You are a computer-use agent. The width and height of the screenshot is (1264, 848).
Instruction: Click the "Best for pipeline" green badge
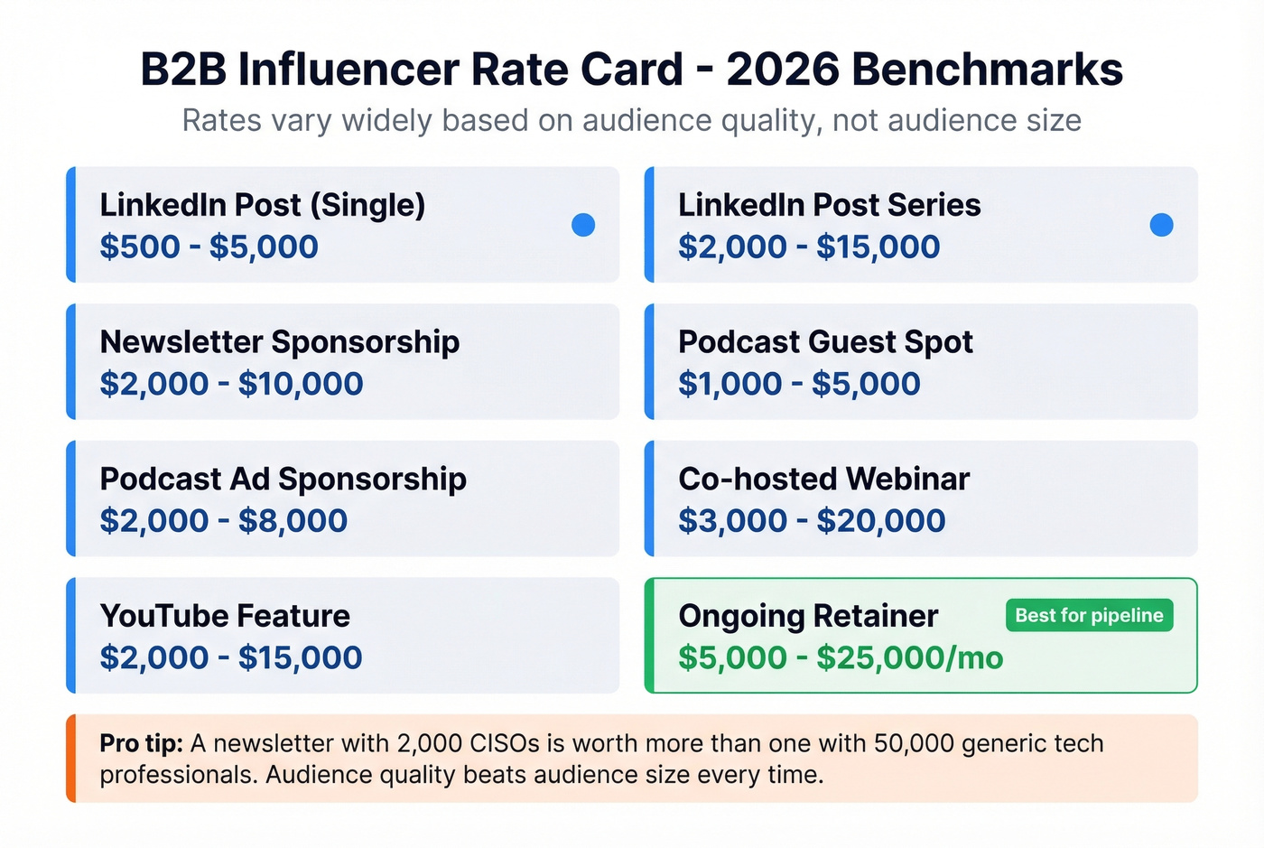(x=1089, y=615)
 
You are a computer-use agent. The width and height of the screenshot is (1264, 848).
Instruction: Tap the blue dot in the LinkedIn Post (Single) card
(x=583, y=225)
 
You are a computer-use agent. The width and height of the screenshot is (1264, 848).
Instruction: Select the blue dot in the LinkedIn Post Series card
(x=1161, y=225)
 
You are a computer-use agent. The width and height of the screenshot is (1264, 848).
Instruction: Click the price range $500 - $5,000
(x=209, y=247)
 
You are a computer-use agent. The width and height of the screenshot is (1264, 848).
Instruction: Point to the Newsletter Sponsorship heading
(x=279, y=341)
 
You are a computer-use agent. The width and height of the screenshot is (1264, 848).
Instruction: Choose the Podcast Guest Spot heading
(x=825, y=341)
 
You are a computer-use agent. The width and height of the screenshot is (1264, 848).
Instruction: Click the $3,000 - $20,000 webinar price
(x=811, y=520)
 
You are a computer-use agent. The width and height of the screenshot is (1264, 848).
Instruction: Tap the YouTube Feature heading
(x=225, y=615)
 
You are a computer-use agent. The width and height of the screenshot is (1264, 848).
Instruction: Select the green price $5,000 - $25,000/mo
(x=840, y=657)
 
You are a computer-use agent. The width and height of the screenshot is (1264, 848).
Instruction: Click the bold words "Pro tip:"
(x=141, y=743)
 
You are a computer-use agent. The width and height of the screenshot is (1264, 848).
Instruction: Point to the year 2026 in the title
(x=782, y=70)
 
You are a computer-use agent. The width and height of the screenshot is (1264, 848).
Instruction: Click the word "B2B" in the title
(x=183, y=70)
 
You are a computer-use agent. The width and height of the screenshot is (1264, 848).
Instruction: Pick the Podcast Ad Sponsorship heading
(x=283, y=479)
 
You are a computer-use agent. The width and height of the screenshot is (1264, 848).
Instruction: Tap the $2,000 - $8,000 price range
(x=223, y=520)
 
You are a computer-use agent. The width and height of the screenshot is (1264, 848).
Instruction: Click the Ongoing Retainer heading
(x=808, y=615)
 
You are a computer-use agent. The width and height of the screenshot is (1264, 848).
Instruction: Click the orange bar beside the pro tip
(x=71, y=759)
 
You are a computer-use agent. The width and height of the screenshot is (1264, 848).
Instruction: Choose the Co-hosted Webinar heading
(x=823, y=479)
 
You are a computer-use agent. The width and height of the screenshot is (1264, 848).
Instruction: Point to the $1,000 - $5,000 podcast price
(x=799, y=384)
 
